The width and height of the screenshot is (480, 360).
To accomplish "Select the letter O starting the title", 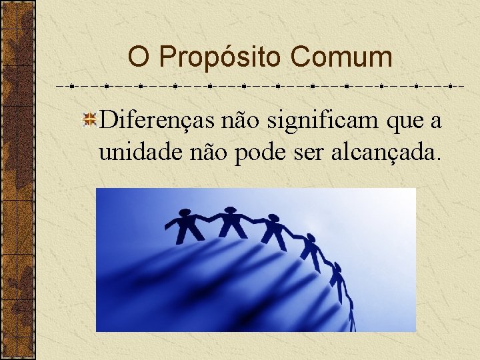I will tap(138, 57).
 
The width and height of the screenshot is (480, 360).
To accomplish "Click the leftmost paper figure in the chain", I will tap(189, 227).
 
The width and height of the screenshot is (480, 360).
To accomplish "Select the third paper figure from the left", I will tap(273, 231).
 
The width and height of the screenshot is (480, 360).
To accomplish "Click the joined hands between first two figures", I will tap(210, 218).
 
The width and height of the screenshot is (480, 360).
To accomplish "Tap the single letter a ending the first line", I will tap(435, 121).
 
